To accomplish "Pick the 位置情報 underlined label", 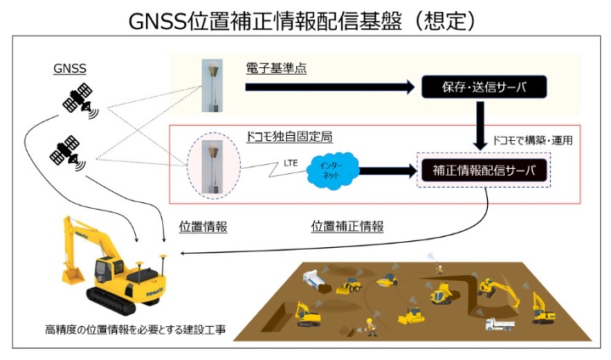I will tap(203, 227).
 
